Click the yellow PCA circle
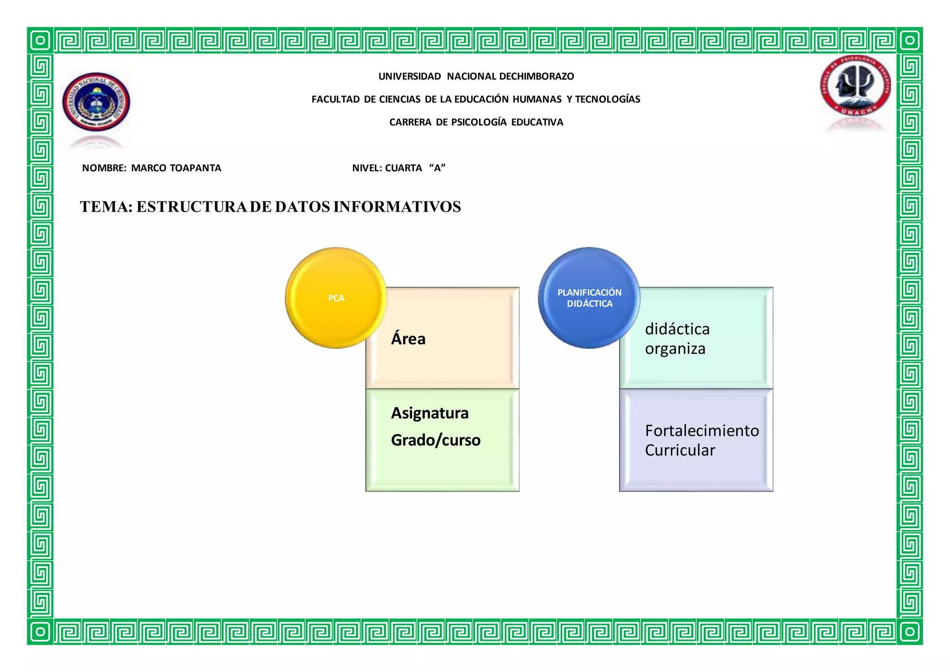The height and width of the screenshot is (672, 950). click(336, 298)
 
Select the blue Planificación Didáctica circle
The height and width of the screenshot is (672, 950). click(589, 298)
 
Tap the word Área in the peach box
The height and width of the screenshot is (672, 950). click(408, 339)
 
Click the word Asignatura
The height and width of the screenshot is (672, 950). click(430, 413)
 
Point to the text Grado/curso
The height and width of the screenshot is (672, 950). click(436, 440)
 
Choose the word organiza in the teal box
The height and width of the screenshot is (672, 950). click(675, 349)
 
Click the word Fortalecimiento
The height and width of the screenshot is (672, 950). click(702, 431)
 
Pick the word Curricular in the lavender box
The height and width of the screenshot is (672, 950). click(680, 450)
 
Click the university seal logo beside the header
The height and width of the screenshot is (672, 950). click(96, 102)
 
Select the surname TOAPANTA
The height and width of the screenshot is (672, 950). click(195, 168)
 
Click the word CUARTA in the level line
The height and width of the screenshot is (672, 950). click(404, 168)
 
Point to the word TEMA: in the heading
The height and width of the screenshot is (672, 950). click(106, 207)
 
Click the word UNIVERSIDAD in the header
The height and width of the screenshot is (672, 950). click(410, 76)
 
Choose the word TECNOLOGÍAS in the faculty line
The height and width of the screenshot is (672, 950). click(608, 99)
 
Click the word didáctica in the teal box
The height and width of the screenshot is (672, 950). click(677, 329)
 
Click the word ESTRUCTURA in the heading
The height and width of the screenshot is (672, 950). click(192, 207)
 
